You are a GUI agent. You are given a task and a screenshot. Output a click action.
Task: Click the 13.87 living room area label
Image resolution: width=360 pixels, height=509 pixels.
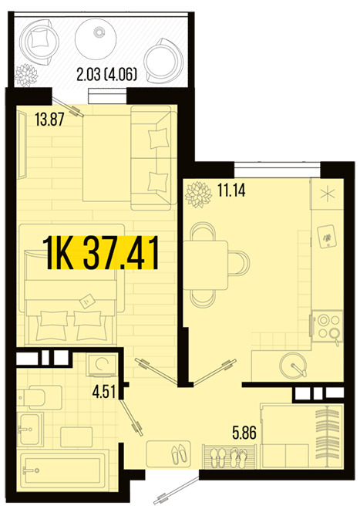tap(49, 120)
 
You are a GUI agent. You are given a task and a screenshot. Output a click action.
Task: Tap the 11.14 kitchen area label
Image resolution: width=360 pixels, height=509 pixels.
tap(231, 190)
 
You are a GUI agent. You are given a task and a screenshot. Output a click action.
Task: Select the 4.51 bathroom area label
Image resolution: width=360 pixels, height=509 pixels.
tap(104, 392)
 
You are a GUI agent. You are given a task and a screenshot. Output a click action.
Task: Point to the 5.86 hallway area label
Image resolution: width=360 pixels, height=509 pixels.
tap(244, 433)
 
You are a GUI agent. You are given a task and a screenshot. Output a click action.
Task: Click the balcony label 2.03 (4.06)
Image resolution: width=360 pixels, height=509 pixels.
tap(107, 75)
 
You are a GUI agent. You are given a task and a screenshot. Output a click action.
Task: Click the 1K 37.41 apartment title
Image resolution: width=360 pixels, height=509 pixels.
tap(101, 253)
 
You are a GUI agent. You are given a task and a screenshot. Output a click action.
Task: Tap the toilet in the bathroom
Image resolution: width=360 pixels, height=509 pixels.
tap(40, 397)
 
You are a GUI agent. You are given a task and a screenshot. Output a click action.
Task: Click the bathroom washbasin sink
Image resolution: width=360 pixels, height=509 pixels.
tap(31, 430)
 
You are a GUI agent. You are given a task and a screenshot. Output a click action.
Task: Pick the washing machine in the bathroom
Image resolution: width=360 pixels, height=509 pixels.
tap(102, 366)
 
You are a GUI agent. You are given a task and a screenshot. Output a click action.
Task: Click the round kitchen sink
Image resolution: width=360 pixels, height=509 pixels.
tap(293, 366)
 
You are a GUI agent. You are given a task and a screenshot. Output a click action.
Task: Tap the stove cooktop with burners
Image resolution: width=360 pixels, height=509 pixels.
tap(327, 327)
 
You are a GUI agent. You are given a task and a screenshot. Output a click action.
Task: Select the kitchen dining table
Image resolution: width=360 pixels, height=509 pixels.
tap(206, 265)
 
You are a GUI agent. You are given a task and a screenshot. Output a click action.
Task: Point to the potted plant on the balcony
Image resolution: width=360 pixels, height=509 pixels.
tap(26, 75)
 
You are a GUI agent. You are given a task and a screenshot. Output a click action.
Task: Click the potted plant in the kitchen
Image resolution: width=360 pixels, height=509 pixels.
tap(198, 194)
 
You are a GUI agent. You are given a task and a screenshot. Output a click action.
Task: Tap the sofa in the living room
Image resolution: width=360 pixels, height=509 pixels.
tap(154, 158)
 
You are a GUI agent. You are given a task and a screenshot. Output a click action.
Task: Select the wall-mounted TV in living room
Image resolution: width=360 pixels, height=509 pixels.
tap(22, 145)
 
